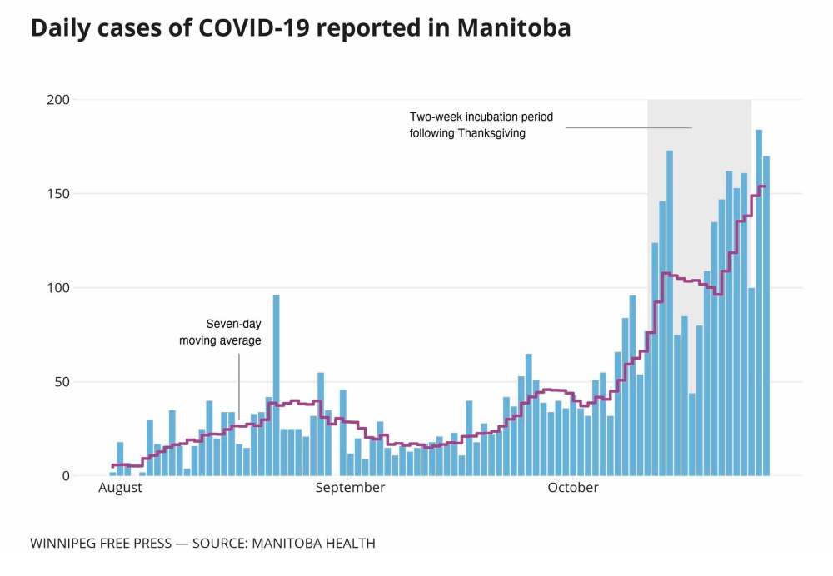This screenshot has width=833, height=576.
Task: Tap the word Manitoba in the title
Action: [514, 28]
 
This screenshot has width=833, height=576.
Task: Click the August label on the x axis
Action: [120, 488]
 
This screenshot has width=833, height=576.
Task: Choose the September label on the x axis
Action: [350, 488]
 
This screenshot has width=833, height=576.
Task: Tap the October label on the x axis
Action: [572, 488]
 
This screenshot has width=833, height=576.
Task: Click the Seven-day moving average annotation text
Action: [221, 332]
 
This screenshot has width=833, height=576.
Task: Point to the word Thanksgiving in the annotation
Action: [491, 133]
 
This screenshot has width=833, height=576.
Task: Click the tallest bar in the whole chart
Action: [759, 303]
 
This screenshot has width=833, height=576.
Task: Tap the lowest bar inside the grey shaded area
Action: [692, 434]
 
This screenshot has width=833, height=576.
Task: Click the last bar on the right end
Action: [766, 316]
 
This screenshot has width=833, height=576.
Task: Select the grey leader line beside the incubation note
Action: [629, 127]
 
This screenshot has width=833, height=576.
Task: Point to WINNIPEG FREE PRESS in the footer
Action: [100, 544]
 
